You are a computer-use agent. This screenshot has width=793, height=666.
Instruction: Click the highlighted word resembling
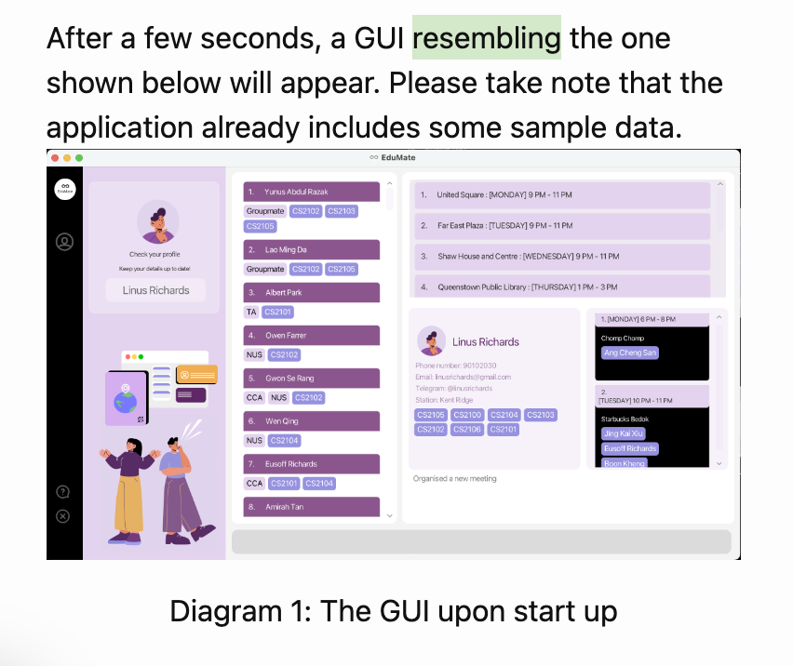click(x=486, y=38)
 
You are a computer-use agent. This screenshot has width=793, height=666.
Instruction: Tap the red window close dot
click(x=55, y=158)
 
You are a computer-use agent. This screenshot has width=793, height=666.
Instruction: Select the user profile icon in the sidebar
click(x=65, y=242)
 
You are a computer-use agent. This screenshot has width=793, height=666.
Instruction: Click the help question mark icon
click(x=63, y=491)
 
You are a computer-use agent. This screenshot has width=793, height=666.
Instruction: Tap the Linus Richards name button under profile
click(x=155, y=290)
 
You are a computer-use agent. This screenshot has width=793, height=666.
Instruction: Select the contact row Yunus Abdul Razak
click(x=312, y=192)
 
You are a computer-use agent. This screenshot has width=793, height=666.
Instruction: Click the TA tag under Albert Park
click(x=250, y=312)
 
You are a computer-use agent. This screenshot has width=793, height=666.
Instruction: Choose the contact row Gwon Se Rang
click(x=312, y=379)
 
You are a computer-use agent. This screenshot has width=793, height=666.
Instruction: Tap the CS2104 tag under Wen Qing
click(x=285, y=440)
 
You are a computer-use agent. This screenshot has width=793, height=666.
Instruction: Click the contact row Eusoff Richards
click(x=312, y=463)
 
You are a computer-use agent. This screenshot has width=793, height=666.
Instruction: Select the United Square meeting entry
click(x=562, y=194)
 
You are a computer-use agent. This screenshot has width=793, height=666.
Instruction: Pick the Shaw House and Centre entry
click(x=562, y=256)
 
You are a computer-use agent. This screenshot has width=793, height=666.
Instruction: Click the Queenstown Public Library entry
click(x=562, y=286)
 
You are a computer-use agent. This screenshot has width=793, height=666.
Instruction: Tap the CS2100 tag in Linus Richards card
click(x=467, y=415)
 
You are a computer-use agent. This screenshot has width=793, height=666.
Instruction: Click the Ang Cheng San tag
click(x=629, y=353)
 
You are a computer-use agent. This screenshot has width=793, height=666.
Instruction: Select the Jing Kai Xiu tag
click(x=624, y=433)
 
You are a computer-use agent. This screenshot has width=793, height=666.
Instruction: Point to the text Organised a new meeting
click(x=455, y=478)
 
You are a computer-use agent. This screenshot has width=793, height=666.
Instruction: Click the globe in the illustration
click(x=125, y=400)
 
